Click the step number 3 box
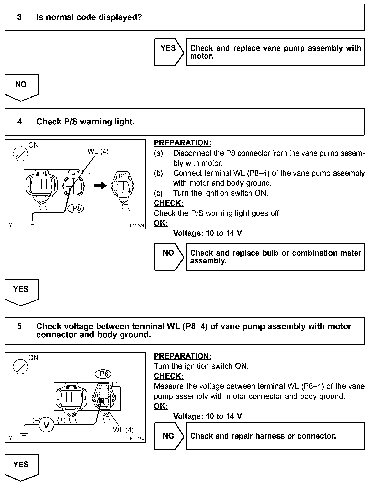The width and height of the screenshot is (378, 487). coord(19,17)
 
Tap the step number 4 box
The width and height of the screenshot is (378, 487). coord(19,122)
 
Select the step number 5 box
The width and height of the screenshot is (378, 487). coord(19,330)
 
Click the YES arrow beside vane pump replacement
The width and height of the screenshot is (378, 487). coord(169,52)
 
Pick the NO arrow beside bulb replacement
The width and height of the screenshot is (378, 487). coord(169,257)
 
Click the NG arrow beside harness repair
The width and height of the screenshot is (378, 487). coord(169,436)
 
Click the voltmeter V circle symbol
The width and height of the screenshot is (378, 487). coord(46,425)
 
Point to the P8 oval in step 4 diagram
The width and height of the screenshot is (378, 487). coord(76,208)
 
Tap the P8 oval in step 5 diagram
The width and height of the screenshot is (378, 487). coord(103,374)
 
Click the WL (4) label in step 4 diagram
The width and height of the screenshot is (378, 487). coord(98,151)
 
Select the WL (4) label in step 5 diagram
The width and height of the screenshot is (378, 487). coord(123,430)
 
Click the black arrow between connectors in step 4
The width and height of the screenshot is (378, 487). coord(101,186)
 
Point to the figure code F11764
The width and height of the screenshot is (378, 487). coord(137,225)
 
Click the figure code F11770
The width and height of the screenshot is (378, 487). coord(137,438)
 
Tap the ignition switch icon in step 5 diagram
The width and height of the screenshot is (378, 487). coord(20,367)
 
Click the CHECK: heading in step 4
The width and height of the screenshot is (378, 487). coord(169,203)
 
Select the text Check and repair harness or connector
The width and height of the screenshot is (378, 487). coord(263,436)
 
